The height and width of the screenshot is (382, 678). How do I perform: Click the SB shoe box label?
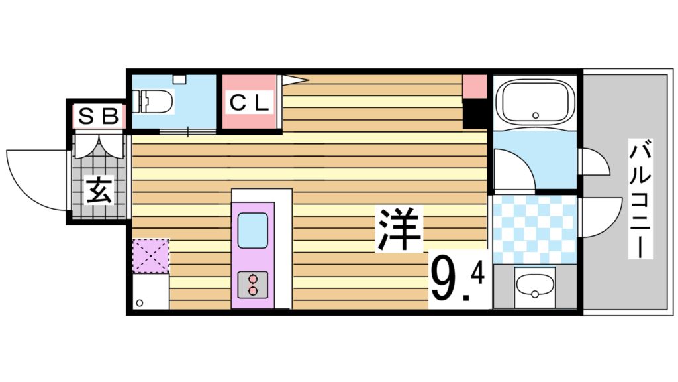(99, 117)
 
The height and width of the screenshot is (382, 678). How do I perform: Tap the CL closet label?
(250, 103)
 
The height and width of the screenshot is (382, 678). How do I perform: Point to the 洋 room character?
(400, 229)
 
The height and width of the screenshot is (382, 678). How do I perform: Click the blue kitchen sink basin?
(252, 229)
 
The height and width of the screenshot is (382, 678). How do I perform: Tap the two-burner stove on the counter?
(252, 285)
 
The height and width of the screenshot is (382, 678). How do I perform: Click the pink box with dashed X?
(150, 256)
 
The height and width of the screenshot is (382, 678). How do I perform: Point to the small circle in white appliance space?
(140, 303)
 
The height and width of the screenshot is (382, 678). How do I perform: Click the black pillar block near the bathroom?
(474, 114)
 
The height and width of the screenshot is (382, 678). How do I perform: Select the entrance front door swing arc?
(33, 176)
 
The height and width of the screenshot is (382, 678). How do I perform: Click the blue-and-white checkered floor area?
(534, 229)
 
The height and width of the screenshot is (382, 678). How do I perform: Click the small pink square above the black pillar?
(474, 87)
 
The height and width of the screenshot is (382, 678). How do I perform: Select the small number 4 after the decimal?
(478, 271)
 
